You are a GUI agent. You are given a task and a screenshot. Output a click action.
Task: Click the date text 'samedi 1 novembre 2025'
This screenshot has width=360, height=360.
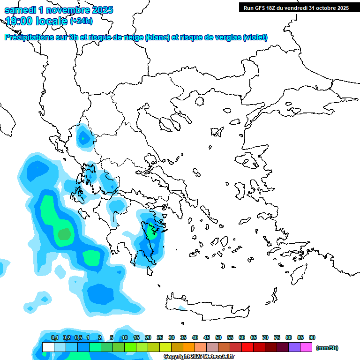(x=59, y=10)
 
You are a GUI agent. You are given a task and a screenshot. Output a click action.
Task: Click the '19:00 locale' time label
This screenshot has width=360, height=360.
(x=37, y=21)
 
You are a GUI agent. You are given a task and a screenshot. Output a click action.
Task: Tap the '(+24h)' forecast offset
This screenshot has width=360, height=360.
(x=81, y=21)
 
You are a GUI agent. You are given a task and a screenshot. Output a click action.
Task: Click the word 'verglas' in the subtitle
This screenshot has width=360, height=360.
(x=229, y=37)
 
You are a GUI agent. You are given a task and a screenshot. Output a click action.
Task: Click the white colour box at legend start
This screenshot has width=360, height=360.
(x=48, y=347)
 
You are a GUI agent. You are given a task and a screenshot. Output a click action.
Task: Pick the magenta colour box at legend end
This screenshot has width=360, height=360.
(x=307, y=347)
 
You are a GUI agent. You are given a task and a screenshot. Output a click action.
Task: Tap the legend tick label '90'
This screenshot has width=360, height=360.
(x=312, y=337)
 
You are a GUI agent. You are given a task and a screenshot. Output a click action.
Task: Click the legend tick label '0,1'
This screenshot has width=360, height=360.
(x=55, y=337)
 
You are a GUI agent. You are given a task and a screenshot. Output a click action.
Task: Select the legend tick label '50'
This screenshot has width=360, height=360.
(x=218, y=337)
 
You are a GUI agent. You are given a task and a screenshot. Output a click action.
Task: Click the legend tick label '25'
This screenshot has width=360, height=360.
(x=160, y=337)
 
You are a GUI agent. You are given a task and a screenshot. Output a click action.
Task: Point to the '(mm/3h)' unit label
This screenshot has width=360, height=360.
(x=327, y=348)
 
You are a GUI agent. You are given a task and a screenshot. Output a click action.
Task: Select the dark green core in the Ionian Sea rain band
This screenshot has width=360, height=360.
(x=63, y=233)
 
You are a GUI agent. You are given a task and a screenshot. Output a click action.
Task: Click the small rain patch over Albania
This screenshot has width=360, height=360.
(x=83, y=138)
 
